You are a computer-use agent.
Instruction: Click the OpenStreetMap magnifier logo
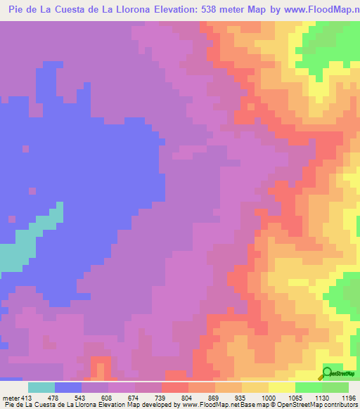pyautogui.click(x=327, y=373)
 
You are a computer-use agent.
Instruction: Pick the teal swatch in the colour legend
pyautogui.click(x=41, y=387)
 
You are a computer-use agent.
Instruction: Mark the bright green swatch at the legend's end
pyautogui.click(x=335, y=387)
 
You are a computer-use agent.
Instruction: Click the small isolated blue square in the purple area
pyautogui.click(x=25, y=148)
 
